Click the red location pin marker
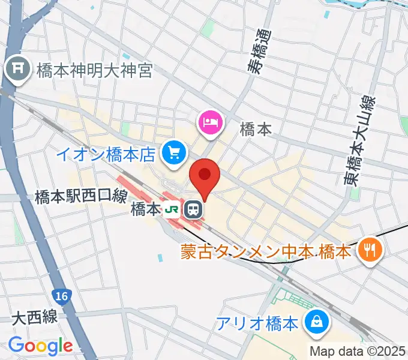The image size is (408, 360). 205,175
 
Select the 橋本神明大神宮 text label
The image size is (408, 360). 95,71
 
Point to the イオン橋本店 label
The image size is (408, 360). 106,155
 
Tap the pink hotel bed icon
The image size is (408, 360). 210,124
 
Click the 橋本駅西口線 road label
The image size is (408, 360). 80,195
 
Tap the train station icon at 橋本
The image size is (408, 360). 193,209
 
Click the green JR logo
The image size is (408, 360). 173,210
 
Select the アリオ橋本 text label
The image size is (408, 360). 257,325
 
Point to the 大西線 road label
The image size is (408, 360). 34,317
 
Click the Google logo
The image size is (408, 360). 40,346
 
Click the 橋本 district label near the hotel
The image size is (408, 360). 256,128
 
